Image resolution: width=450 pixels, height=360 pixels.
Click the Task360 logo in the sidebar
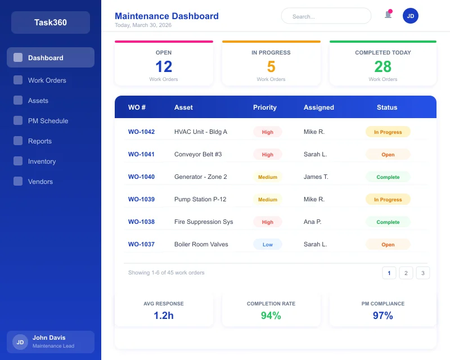tap(50, 22)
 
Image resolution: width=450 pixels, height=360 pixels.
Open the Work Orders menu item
tap(47, 80)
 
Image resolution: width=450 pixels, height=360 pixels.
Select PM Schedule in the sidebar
tap(48, 121)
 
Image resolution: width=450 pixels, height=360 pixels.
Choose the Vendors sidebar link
tap(40, 182)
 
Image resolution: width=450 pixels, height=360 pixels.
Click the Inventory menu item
tap(42, 161)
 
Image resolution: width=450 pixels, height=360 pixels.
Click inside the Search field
tap(326, 16)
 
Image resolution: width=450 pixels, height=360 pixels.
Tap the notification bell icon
tap(388, 15)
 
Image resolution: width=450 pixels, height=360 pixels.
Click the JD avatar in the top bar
tap(411, 16)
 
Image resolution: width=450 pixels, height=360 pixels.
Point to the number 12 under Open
tap(164, 66)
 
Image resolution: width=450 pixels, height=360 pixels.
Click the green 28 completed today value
tap(382, 66)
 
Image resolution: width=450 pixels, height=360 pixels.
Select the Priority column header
tap(264, 107)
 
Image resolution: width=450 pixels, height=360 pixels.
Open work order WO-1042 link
tap(141, 132)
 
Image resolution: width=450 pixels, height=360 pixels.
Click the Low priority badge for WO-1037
tap(268, 245)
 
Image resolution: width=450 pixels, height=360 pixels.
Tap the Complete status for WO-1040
tap(388, 177)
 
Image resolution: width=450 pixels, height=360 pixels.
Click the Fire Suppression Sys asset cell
tap(204, 222)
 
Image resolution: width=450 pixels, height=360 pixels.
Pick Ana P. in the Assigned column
tap(312, 222)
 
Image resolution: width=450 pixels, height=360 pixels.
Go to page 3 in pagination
tap(423, 273)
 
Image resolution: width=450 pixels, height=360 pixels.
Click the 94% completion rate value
tap(271, 316)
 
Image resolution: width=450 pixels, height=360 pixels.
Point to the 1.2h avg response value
tap(164, 316)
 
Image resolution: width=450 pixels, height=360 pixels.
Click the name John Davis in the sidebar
tap(49, 337)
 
